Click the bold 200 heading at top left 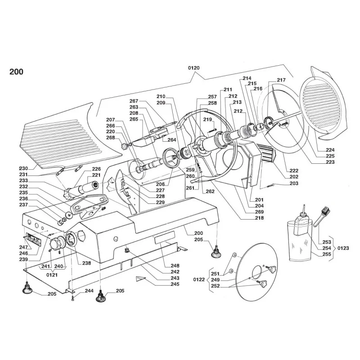pos(16,71)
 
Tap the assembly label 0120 pos(193,67)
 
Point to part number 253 pos(327,242)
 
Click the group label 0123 pos(344,248)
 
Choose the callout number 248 pos(175,265)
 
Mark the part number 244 pos(89,291)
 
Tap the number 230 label pos(23,168)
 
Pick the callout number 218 pos(259,218)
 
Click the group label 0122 pos(198,279)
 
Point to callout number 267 pos(134,101)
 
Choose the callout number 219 pos(207,119)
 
